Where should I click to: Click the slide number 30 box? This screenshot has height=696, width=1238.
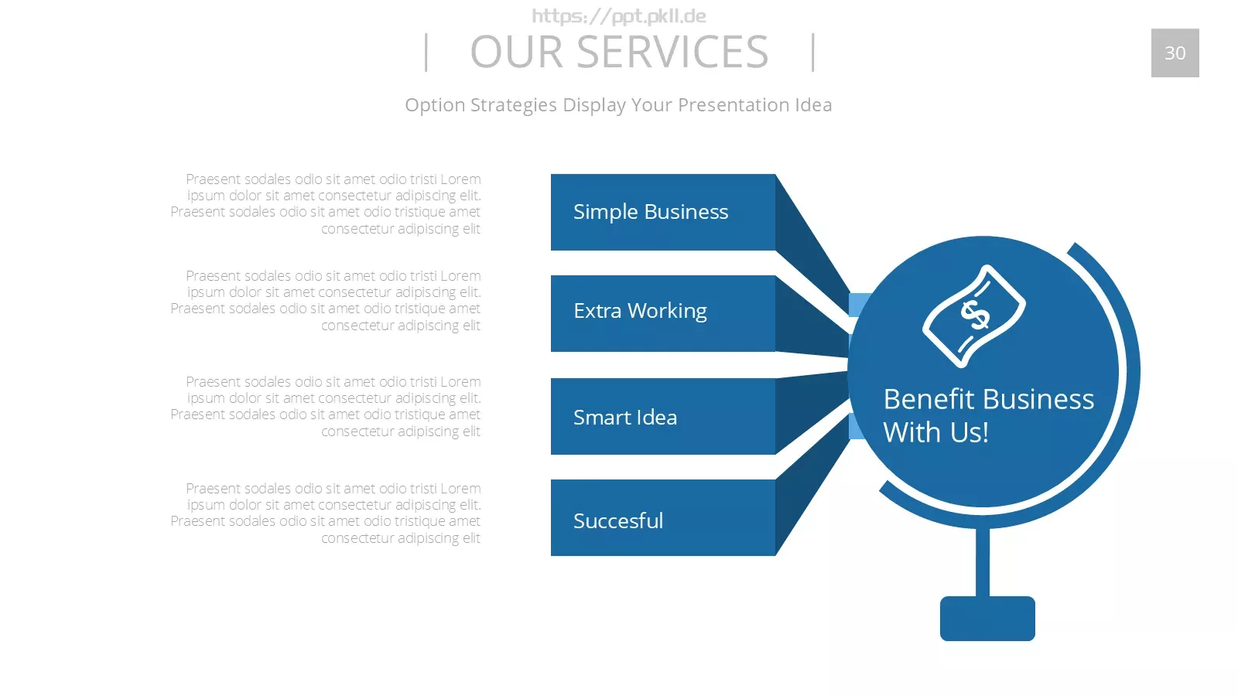(x=1175, y=53)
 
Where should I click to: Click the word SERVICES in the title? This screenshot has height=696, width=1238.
(x=672, y=52)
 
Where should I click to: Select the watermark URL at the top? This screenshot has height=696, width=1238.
(x=619, y=16)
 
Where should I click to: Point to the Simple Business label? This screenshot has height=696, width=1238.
(x=651, y=212)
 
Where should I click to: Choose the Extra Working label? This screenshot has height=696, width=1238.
(x=640, y=311)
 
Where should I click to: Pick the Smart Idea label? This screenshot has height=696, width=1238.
(x=625, y=418)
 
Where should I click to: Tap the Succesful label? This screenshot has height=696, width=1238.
(x=618, y=521)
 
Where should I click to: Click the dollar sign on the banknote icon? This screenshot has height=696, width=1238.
(x=975, y=315)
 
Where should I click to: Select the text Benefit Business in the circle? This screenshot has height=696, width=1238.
(x=989, y=399)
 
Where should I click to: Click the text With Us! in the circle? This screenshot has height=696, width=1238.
(x=935, y=432)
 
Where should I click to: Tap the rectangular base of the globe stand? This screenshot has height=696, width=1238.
(x=987, y=619)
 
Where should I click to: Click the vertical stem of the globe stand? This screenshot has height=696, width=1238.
(x=983, y=562)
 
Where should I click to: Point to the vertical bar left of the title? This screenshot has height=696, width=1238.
(x=426, y=53)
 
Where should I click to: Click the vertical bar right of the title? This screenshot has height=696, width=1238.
(x=813, y=53)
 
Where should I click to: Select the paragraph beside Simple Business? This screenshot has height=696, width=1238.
(x=326, y=204)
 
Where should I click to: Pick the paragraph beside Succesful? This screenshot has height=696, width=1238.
(x=326, y=513)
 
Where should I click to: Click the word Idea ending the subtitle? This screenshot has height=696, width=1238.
(x=813, y=105)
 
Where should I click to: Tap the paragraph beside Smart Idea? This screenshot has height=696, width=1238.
(x=326, y=407)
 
